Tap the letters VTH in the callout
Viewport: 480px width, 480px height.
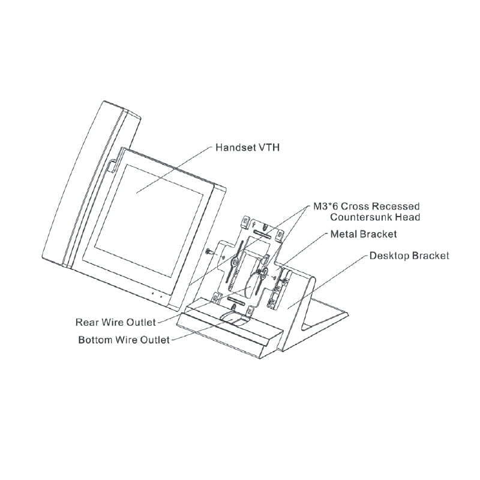[269, 147]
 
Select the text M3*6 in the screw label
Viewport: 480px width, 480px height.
[325, 206]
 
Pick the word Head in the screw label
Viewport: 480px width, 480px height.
[407, 217]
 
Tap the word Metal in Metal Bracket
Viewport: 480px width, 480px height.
[344, 234]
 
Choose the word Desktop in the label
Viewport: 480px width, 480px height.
[389, 256]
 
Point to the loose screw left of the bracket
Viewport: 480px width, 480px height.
[209, 251]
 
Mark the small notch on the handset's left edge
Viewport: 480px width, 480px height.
[112, 166]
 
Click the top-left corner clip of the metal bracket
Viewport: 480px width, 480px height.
[246, 222]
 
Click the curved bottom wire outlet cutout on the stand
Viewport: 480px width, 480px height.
[235, 319]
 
